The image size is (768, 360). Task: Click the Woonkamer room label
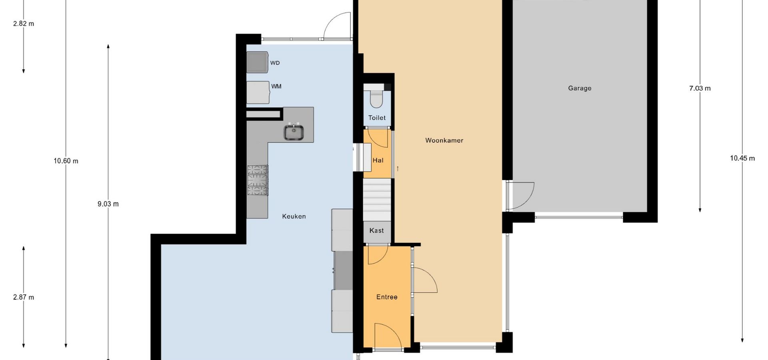coord(444,140)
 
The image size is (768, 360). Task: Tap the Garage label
coord(580,88)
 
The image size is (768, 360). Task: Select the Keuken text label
coord(294,216)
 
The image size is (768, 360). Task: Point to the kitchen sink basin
coord(294,132)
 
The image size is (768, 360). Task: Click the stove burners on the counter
coord(258,180)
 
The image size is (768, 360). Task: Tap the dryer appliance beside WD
coord(257,62)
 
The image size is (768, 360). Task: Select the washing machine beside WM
coord(258,92)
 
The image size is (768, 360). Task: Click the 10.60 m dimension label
coord(66,161)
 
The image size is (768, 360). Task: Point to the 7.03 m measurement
coord(700,88)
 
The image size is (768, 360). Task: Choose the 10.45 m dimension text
coord(742,158)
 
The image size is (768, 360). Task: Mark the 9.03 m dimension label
coord(108,204)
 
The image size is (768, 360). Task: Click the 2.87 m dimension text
coord(24,297)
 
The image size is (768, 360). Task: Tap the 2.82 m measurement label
coord(24,24)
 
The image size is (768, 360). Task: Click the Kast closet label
coord(376,230)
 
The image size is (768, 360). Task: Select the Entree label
coord(387,297)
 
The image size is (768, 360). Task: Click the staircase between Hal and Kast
coord(377,199)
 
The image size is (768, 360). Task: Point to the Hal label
coord(378,160)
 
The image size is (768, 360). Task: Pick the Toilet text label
coord(377,118)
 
